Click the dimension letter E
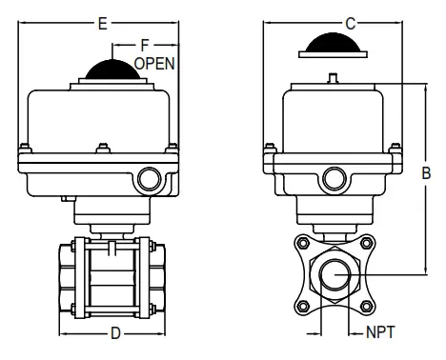[101, 20]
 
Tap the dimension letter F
[145, 44]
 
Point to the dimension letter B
[426, 173]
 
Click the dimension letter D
[114, 333]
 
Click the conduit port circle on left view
[149, 178]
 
